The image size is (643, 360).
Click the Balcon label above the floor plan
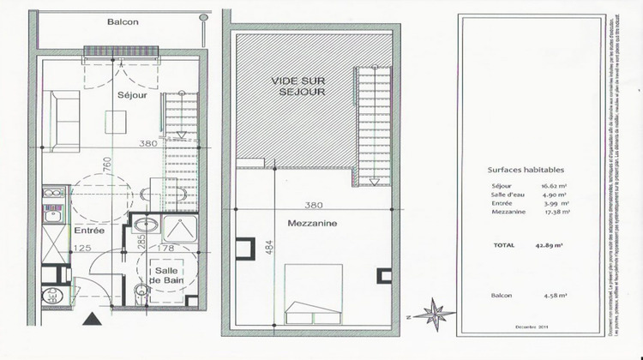point(123,22)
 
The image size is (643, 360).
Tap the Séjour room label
point(132,95)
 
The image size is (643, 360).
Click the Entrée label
point(88,231)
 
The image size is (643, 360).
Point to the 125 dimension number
point(82,249)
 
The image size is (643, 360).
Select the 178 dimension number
point(166,249)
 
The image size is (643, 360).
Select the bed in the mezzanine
point(314,293)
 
